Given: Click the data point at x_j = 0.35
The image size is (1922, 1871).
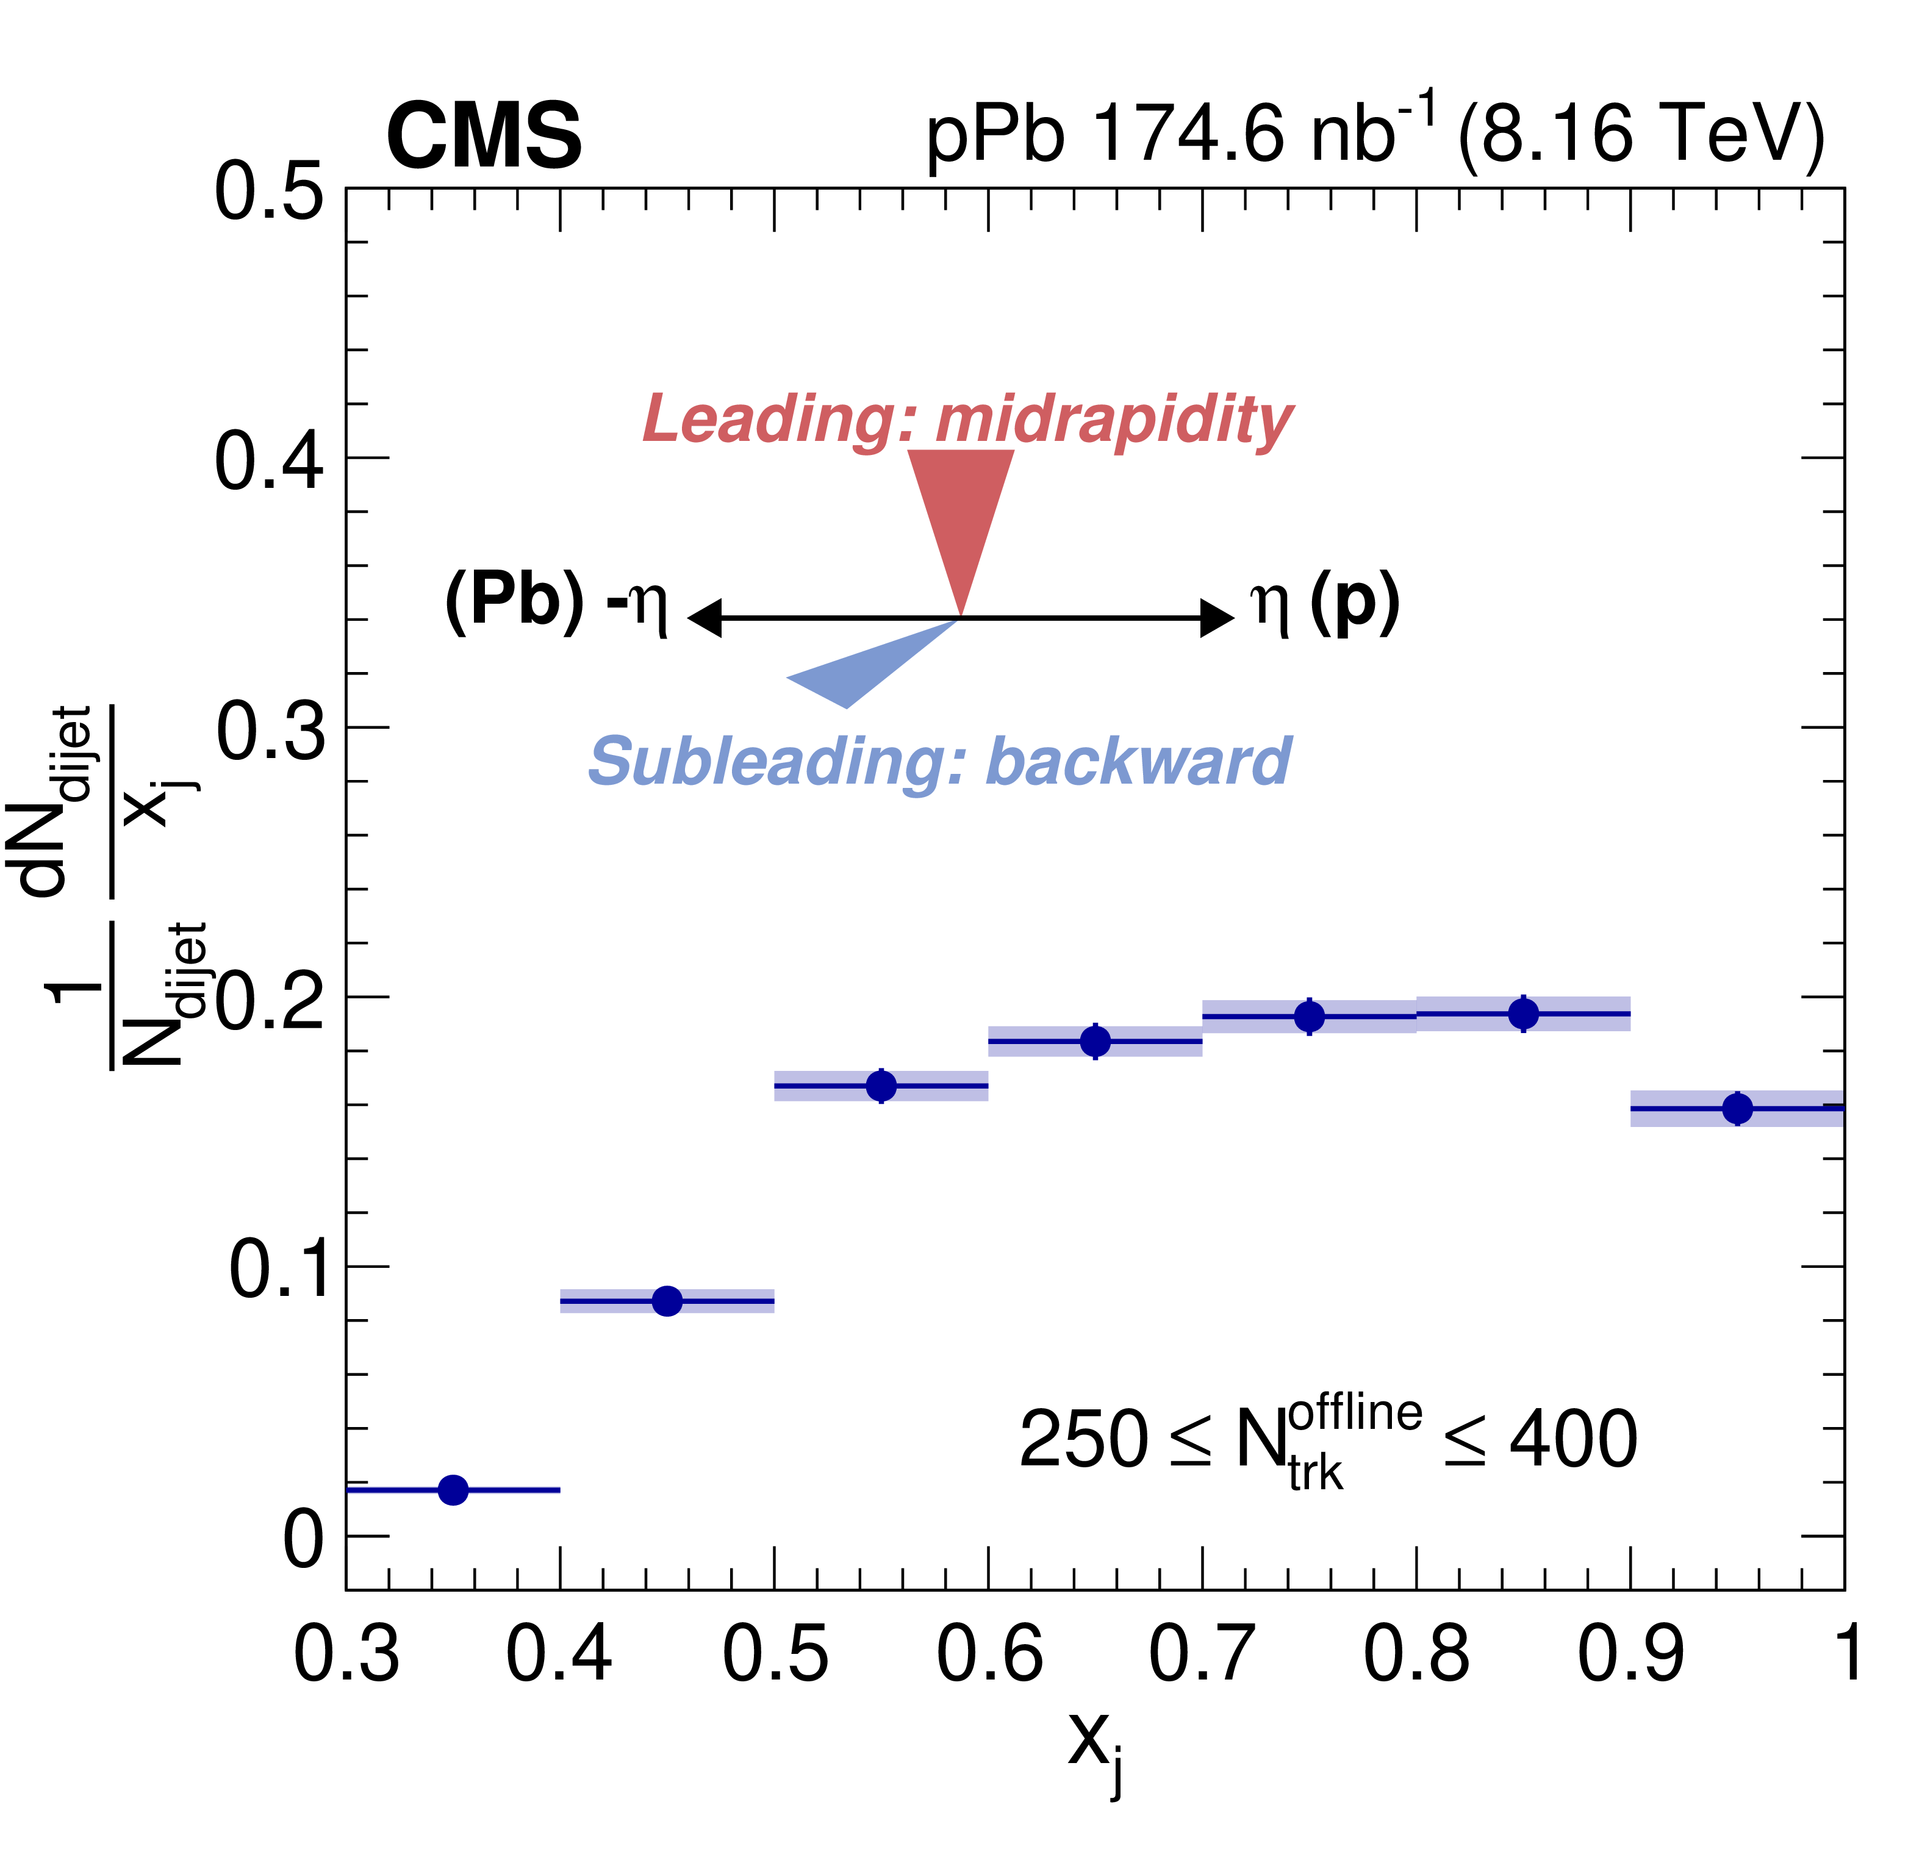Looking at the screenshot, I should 453,1490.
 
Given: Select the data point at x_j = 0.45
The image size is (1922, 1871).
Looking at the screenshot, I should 667,1301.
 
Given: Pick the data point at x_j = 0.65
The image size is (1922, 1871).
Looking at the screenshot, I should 1095,1040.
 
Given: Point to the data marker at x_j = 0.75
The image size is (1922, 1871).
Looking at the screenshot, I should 1310,1016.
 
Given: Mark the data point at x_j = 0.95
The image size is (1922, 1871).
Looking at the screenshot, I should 1737,1109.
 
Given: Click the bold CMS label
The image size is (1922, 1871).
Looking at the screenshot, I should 484,138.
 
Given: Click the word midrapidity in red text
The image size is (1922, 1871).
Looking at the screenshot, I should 1113,421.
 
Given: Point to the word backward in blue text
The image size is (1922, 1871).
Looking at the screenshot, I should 1138,762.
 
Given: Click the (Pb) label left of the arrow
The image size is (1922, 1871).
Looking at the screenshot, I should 515,601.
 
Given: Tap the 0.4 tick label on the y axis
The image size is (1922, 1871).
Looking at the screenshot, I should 268,461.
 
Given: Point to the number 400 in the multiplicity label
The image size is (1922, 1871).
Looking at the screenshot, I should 1573,1440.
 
